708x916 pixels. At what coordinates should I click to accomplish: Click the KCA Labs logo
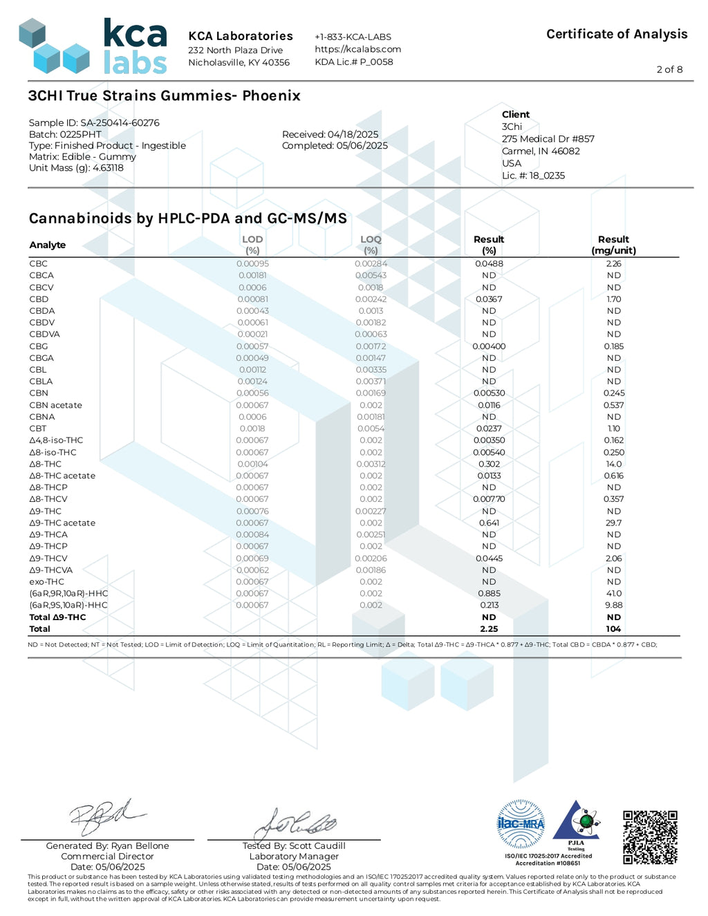point(93,46)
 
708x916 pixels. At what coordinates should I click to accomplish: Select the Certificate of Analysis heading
point(617,34)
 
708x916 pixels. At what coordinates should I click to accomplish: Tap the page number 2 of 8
point(669,69)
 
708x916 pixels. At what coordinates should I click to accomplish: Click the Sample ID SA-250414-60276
point(94,122)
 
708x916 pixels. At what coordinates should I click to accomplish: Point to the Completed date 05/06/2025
point(335,146)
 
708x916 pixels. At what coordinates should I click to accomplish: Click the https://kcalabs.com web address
point(357,49)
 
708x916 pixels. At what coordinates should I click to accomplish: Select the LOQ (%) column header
point(371,245)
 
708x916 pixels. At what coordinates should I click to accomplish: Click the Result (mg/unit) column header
point(613,245)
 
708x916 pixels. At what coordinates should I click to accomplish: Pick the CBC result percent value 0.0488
point(489,263)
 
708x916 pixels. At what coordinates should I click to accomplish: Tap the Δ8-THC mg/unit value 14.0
point(613,464)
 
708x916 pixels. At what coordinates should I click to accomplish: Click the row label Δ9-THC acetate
point(62,523)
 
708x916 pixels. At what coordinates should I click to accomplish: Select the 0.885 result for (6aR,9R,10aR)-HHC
point(489,593)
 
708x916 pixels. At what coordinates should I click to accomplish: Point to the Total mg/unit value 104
point(613,629)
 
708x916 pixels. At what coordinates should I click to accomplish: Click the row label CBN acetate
point(55,405)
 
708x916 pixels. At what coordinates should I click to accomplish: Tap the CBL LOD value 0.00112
point(252,370)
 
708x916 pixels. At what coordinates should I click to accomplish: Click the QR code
point(650,837)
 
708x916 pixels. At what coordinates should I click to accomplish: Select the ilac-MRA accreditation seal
point(521,824)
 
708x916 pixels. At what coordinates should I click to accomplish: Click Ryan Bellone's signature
point(107,819)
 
